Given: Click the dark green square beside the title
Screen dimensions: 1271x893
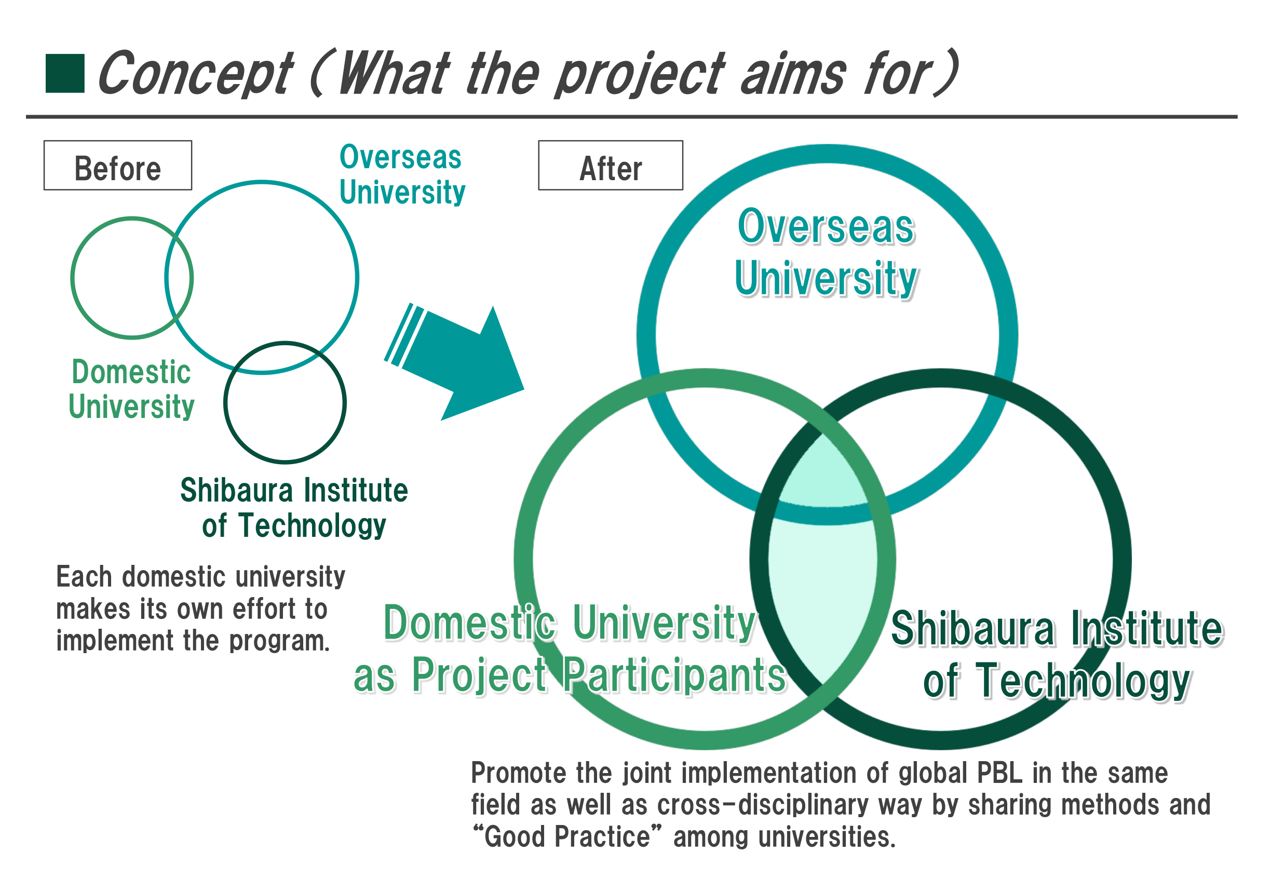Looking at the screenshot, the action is [x=65, y=73].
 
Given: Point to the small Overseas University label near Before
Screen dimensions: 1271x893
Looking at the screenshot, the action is [x=402, y=174].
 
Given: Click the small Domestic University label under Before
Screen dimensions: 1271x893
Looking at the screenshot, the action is [x=131, y=389].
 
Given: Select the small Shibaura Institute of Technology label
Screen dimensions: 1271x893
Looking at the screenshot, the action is [x=294, y=508].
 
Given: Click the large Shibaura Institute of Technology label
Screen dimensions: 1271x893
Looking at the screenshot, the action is [x=1057, y=654].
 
